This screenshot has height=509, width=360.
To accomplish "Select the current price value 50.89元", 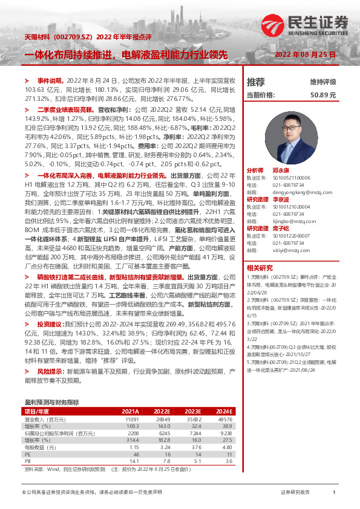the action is (322, 95).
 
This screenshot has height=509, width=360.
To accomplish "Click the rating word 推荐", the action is (256, 82).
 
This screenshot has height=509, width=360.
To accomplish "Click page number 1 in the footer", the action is (334, 493).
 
